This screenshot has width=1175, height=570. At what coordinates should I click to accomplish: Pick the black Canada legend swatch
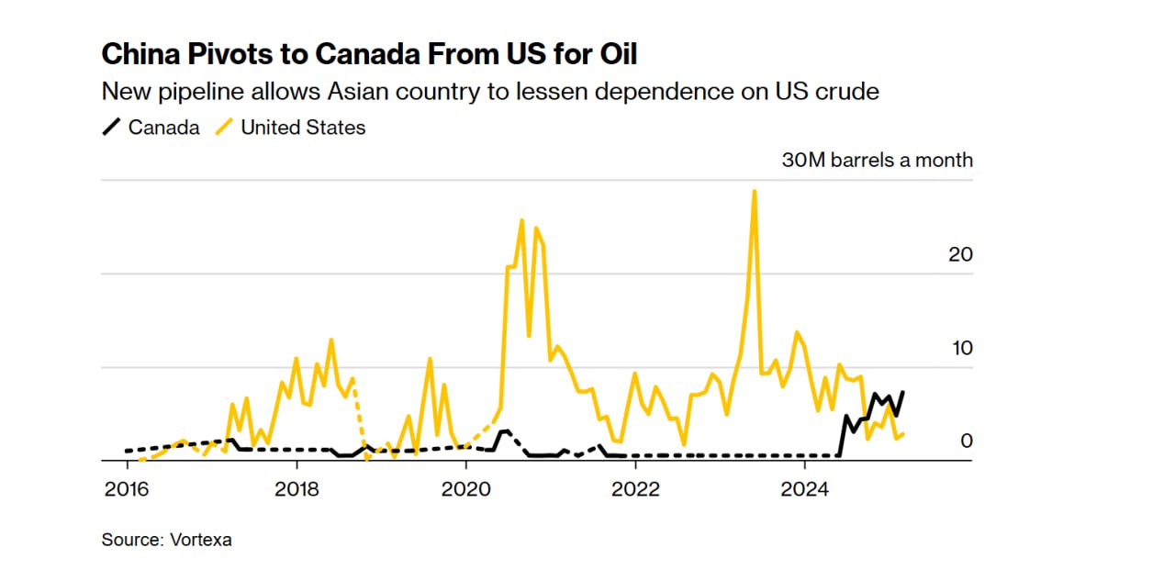[111, 128]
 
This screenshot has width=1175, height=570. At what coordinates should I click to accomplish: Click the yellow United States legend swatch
[223, 128]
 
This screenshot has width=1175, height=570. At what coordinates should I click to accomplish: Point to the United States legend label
[303, 128]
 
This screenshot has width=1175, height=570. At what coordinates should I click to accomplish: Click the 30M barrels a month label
[877, 160]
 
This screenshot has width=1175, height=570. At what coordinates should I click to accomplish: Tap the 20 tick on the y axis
[959, 254]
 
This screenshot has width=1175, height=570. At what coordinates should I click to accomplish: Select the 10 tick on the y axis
[959, 348]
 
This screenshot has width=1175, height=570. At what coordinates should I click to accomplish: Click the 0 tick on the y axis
[966, 441]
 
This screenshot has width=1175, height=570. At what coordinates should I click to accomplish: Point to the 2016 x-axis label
[127, 487]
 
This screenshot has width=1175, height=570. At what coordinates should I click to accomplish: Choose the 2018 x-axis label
[297, 487]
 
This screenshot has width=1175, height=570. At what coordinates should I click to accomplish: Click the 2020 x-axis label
[465, 487]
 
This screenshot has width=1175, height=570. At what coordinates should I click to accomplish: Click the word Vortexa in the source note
[201, 540]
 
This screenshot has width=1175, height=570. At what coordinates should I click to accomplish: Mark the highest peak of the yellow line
[754, 191]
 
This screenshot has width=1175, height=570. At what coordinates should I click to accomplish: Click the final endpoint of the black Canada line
[903, 392]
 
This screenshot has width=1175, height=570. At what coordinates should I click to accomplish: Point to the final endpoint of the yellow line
[904, 433]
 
